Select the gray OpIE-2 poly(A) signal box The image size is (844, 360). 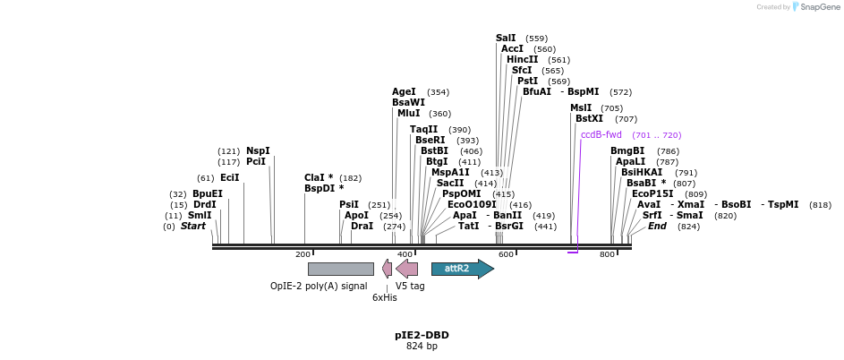340,269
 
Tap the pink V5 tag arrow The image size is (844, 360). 407,269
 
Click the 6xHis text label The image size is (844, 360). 385,297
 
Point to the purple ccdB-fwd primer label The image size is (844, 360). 601,134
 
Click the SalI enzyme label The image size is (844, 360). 506,38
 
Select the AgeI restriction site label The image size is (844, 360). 404,91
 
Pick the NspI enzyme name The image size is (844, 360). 258,150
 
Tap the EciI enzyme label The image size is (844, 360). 230,177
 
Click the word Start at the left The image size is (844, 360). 193,226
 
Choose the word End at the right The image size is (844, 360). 657,226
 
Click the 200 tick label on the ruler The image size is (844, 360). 303,255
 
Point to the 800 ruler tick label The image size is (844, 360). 608,255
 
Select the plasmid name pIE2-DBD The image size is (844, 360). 422,335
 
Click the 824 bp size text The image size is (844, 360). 422,346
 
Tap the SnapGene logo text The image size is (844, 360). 819,7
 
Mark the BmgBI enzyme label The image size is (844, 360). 627,150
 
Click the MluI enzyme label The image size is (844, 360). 408,113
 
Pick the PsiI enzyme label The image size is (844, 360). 349,204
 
